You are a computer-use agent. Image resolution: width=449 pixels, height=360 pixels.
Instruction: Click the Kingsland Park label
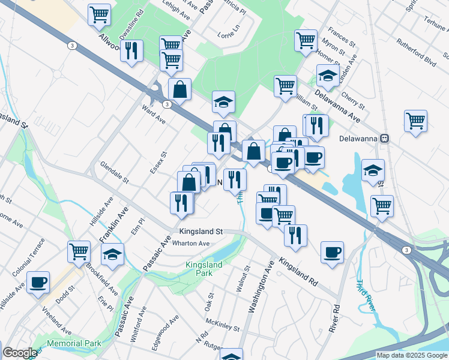pos(203,269)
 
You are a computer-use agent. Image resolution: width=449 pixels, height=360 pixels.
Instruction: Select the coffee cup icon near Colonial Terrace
pos(38,282)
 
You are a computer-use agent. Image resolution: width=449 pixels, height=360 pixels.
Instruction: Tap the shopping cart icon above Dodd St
pos(79,252)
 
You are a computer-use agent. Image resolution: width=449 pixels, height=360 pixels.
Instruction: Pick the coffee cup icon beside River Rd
pos(332,252)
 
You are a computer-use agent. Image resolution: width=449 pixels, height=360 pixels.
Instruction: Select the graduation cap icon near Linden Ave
pos(327,76)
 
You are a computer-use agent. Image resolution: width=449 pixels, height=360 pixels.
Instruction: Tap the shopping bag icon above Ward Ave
pos(179,89)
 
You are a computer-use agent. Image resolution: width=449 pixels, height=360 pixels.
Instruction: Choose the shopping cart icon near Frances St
pos(306,40)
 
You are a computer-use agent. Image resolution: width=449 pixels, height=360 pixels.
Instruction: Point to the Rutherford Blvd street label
pos(417,52)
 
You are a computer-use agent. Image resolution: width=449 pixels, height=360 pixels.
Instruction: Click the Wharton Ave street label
pos(191,244)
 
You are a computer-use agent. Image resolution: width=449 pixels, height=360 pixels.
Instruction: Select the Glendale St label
pos(115,172)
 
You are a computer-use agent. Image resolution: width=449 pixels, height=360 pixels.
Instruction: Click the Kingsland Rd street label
pos(298,273)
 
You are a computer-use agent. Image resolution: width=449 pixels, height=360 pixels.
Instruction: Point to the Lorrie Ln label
pos(229,28)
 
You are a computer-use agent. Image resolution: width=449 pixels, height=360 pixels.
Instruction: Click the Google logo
pos(19,353)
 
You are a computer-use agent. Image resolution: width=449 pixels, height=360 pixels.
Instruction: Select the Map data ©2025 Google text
pos(412,355)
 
